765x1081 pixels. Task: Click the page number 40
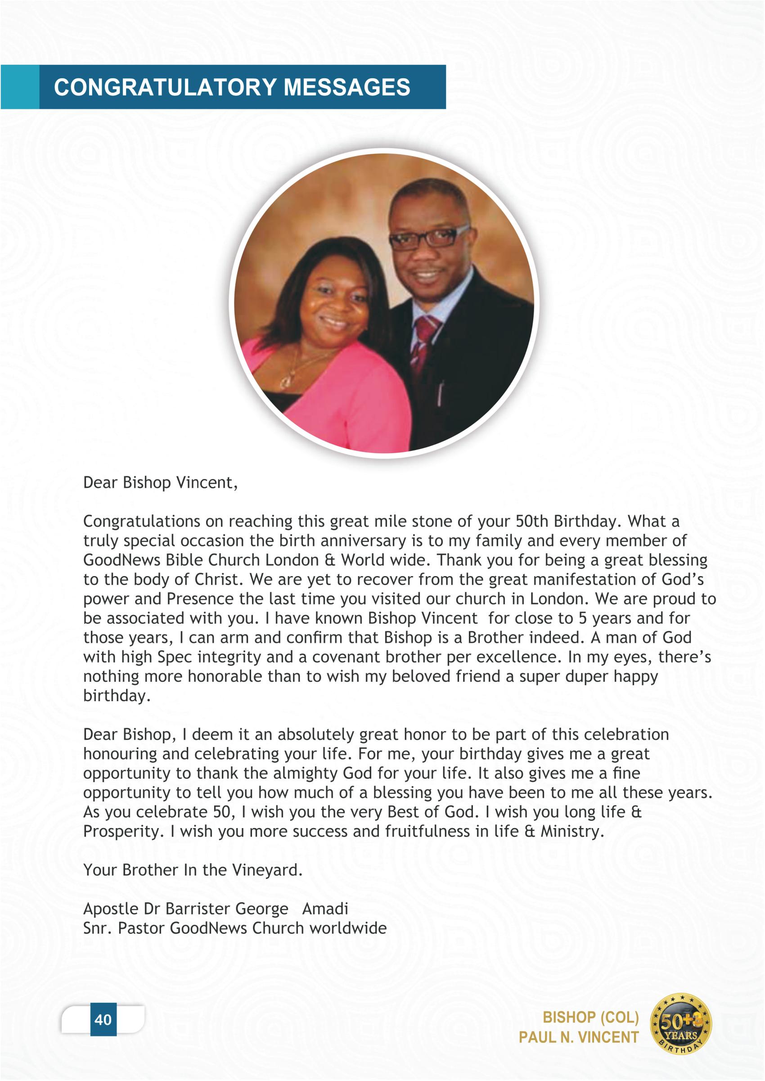pyautogui.click(x=103, y=1020)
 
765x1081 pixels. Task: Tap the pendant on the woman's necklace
pyautogui.click(x=286, y=381)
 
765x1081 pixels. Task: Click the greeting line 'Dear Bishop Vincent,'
pyautogui.click(x=160, y=483)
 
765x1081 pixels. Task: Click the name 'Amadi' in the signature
pyautogui.click(x=325, y=909)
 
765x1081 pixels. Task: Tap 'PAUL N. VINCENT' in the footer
pyautogui.click(x=578, y=1037)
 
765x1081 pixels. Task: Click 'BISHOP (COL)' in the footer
pyautogui.click(x=591, y=1018)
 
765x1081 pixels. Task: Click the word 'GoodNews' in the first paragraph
pyautogui.click(x=121, y=560)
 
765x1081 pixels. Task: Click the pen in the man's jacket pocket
pyautogui.click(x=441, y=393)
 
